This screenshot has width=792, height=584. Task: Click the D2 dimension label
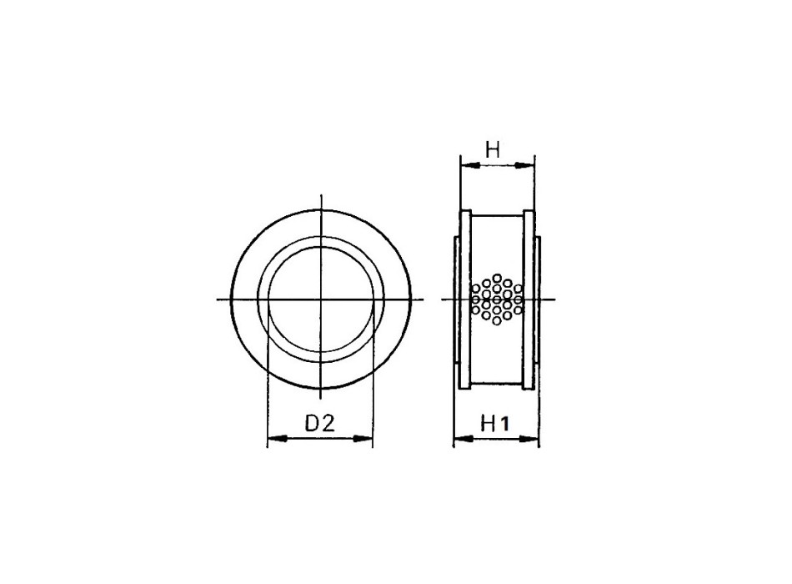click(x=318, y=423)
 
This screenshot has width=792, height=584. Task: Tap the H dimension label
click(x=493, y=150)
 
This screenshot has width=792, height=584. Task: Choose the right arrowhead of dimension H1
click(x=532, y=440)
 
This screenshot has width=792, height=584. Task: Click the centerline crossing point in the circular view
click(x=321, y=299)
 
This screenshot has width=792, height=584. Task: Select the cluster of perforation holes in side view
click(x=497, y=298)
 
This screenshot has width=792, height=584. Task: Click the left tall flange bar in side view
click(x=466, y=299)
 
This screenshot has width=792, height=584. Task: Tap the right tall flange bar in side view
click(x=528, y=299)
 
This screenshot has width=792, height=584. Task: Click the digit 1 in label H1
click(x=505, y=424)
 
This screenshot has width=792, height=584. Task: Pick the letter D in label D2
click(x=311, y=423)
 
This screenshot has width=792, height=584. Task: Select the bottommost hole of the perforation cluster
click(x=497, y=321)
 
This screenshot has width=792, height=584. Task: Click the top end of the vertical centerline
click(x=321, y=195)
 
